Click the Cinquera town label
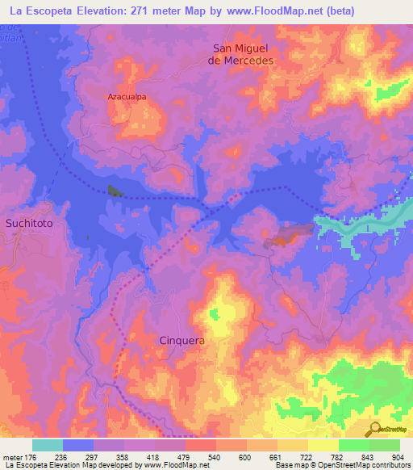tap(181, 341)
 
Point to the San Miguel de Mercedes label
tap(242, 54)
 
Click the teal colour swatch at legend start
tap(48, 445)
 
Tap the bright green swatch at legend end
tap(385, 445)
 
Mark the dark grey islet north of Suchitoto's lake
tap(114, 191)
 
